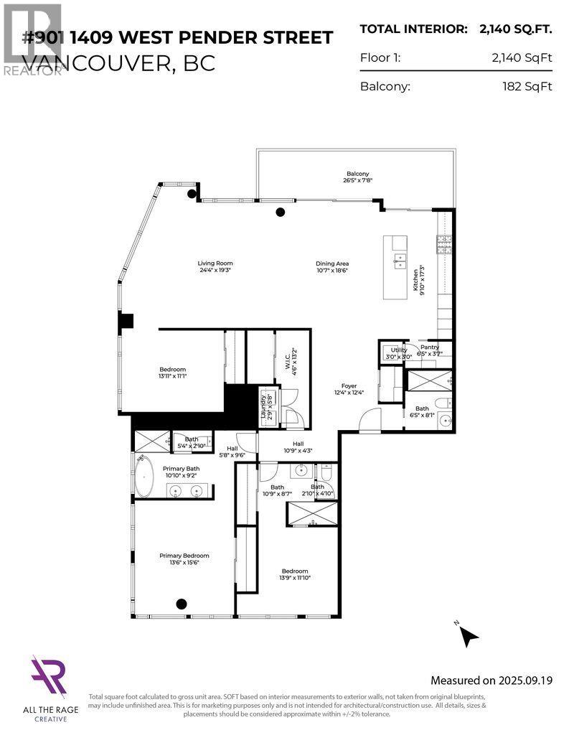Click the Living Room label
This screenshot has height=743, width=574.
click(215, 263)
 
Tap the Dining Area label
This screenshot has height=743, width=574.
click(331, 263)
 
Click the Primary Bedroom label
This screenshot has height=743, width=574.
click(184, 556)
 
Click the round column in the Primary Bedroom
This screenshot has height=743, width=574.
click(182, 604)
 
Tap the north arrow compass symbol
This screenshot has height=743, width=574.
click(468, 635)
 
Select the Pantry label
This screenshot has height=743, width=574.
click(430, 347)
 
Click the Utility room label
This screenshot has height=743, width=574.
click(399, 350)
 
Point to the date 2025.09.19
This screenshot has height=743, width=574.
click(525, 680)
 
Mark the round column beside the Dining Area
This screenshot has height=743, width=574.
click(281, 212)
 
